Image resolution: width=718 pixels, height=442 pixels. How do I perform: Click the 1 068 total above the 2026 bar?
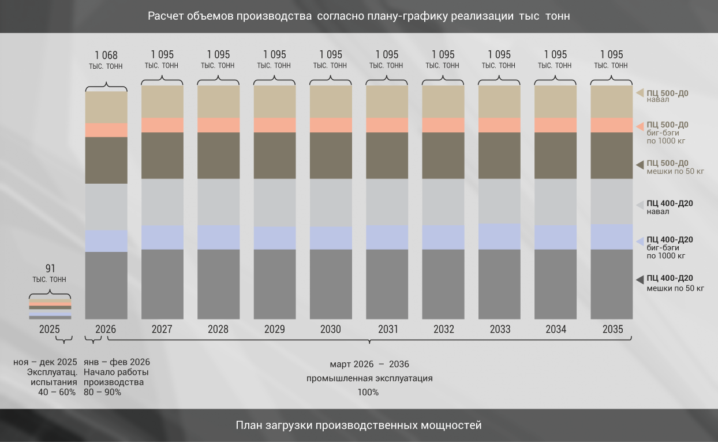point(106,55)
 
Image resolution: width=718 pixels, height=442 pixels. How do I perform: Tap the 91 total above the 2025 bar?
point(50,268)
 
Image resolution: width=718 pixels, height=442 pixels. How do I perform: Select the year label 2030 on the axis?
point(331,329)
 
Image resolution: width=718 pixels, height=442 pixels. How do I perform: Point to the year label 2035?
point(612,329)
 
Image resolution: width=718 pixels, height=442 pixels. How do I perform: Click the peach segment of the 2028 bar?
point(218,125)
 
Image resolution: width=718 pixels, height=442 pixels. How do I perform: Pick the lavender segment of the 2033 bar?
point(499,236)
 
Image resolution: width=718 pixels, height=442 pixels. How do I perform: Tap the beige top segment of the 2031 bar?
point(387,102)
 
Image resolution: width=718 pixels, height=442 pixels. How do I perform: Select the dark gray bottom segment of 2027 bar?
point(162,284)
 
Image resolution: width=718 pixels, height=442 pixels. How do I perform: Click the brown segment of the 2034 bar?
point(555,155)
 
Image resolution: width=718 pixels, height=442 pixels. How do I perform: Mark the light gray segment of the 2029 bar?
point(275,203)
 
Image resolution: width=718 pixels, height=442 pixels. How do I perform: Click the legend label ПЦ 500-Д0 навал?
point(667,96)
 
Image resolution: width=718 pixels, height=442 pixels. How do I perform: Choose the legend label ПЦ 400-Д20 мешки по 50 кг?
point(675,283)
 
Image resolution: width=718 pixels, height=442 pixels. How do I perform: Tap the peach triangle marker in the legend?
point(640,127)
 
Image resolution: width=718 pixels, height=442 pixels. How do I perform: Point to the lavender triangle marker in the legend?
point(640,242)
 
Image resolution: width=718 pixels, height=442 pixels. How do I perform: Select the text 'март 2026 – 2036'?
point(369,364)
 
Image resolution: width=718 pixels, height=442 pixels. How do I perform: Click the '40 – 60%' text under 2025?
point(57,392)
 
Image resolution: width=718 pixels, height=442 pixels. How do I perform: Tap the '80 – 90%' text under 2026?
point(102,392)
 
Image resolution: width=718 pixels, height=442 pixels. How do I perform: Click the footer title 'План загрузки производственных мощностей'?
point(358,425)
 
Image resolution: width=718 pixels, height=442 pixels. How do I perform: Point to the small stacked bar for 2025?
point(50,309)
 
